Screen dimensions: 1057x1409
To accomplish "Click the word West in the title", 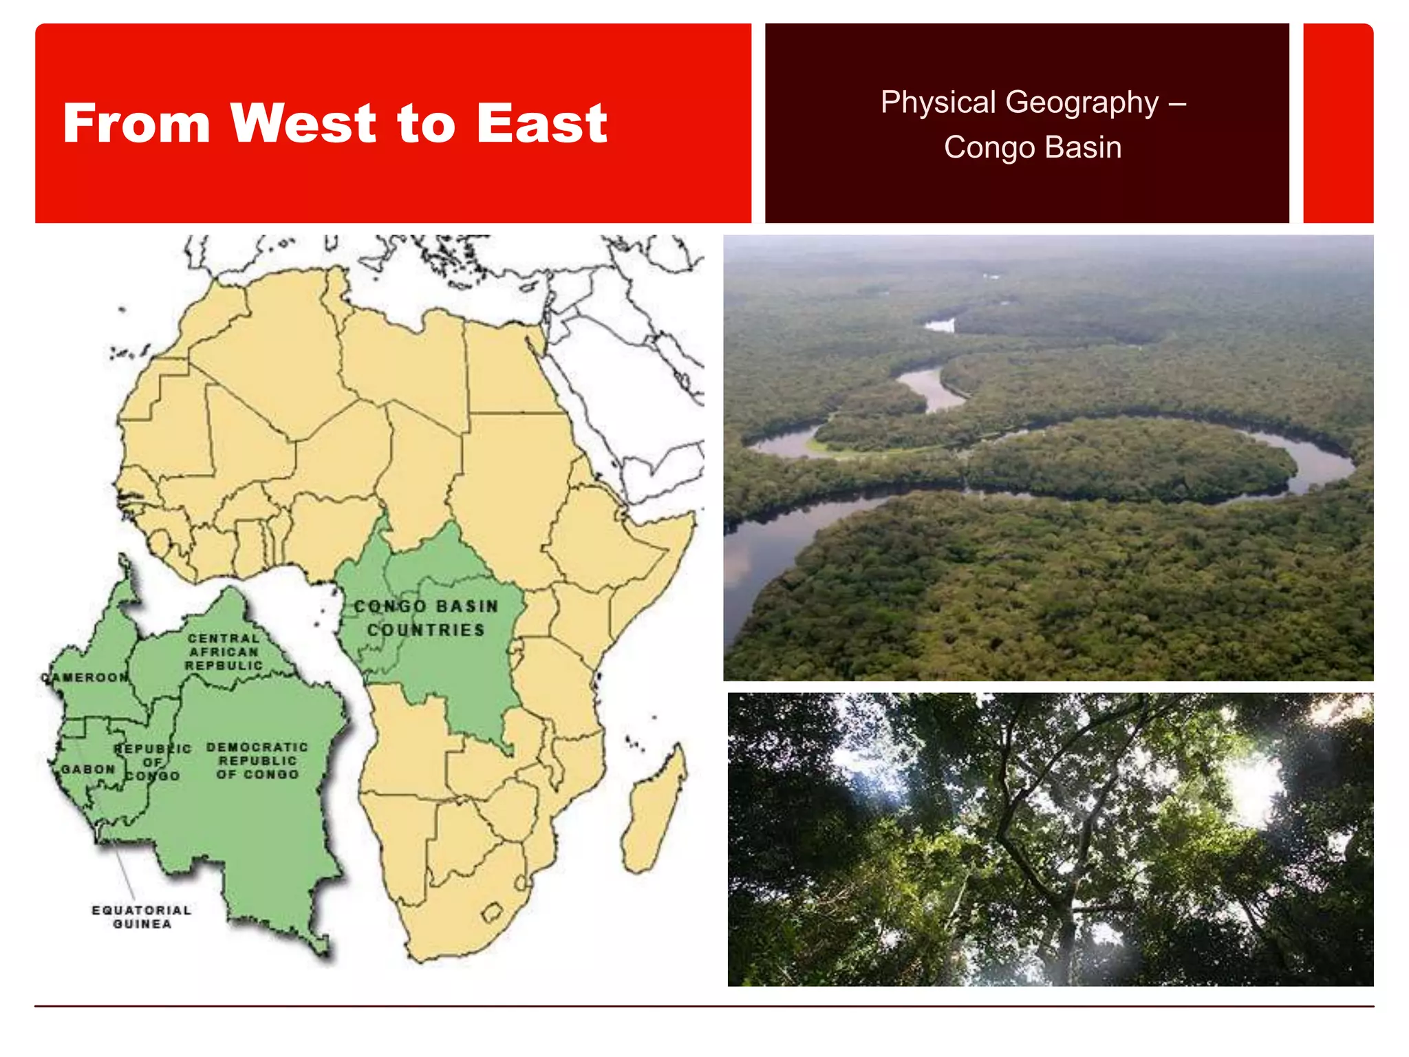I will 303,124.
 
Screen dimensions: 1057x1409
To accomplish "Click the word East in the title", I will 541,124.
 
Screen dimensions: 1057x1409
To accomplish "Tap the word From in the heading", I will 136,124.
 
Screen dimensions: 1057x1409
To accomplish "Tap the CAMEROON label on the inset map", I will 85,678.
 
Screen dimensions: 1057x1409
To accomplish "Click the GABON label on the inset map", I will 88,769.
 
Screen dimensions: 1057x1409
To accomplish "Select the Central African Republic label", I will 224,652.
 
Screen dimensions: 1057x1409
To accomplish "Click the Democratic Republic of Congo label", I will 257,761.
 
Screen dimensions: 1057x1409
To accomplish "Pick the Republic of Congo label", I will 152,762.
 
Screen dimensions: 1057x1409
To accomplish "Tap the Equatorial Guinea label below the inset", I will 142,917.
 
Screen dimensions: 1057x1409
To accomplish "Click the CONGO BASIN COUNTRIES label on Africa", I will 426,618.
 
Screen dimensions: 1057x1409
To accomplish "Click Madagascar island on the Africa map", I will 654,812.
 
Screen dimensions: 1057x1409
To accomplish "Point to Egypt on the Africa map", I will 509,368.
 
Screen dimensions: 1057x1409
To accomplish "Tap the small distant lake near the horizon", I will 940,325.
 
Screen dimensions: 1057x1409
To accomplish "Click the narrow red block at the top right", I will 1338,123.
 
